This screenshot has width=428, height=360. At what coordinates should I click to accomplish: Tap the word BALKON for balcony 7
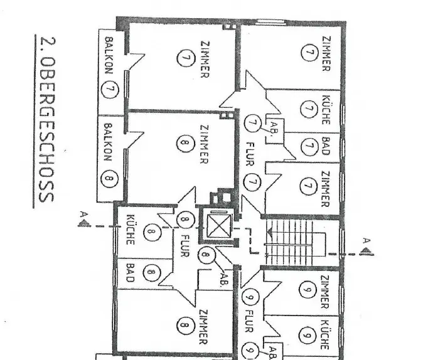point(109,57)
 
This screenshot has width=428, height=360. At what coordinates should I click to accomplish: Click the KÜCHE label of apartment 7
point(326,109)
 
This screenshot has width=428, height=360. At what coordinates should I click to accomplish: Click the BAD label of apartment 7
point(326,147)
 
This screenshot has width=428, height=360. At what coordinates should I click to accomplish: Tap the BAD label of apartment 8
point(130,273)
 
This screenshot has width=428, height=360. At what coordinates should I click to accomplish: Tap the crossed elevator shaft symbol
point(218,226)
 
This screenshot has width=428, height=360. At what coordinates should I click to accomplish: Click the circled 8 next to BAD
point(151,272)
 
